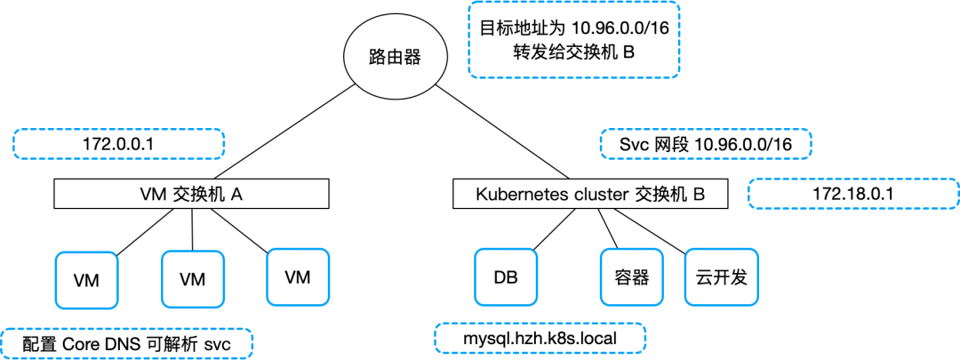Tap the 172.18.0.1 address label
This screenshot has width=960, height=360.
(x=853, y=193)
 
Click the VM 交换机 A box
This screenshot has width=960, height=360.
(x=192, y=194)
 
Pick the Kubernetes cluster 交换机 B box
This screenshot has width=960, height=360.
(x=590, y=194)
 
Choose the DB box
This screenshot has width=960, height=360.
(x=506, y=277)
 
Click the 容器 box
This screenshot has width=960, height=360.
(x=632, y=277)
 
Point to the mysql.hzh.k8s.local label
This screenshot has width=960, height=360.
(x=540, y=338)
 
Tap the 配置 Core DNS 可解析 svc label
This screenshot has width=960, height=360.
(x=126, y=343)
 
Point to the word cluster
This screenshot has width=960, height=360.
(x=599, y=194)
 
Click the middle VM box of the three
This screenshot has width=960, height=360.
(x=192, y=279)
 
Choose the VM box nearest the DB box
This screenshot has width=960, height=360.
(x=297, y=277)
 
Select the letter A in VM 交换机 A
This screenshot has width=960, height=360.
(x=237, y=194)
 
